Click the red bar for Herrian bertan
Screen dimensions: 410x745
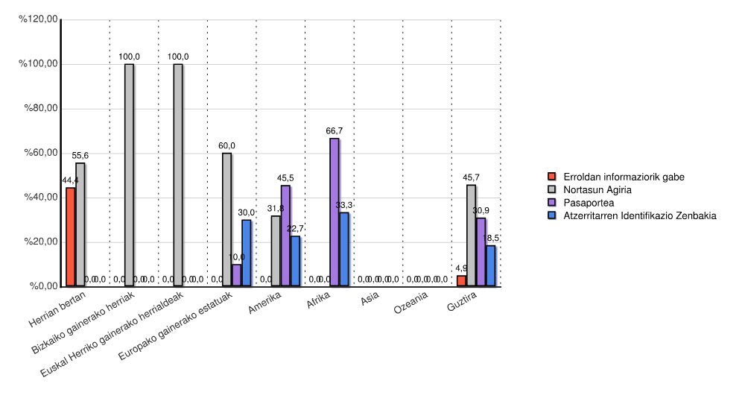71,237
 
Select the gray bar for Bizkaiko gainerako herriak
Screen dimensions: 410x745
129,175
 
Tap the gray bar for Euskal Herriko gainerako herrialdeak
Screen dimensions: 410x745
177,175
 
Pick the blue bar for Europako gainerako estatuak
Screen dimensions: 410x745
246,253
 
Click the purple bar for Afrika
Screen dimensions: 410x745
334,212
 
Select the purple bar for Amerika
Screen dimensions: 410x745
285,236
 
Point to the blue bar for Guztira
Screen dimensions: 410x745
490,266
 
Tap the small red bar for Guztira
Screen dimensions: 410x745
461,281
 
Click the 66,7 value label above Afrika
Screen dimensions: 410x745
334,130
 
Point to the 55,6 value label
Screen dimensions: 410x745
80,155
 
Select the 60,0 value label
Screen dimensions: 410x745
226,145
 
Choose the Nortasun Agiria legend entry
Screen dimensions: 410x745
597,189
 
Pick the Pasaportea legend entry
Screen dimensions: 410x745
589,202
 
